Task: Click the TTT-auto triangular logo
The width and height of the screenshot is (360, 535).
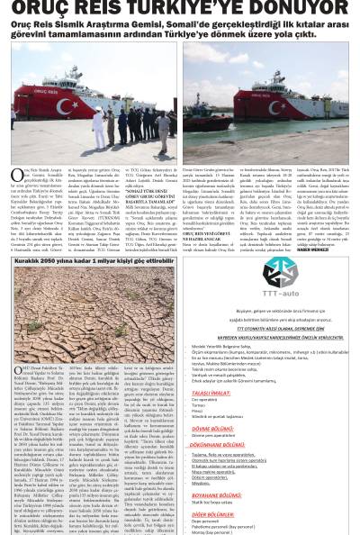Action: tap(280, 271)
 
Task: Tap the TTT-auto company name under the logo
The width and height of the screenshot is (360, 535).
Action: tap(280, 293)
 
